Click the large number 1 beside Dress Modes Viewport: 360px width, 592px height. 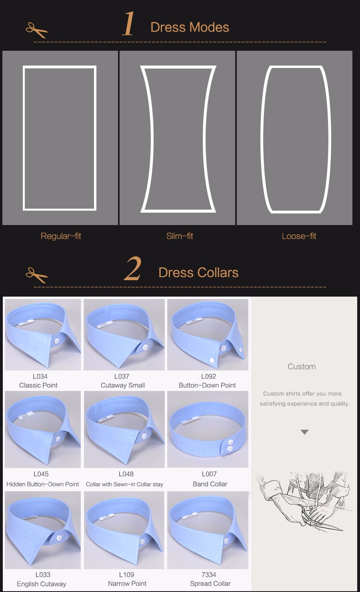tap(128, 24)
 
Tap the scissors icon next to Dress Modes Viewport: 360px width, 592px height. tap(36, 30)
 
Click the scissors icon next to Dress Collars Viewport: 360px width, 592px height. tap(36, 275)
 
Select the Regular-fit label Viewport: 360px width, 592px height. tap(61, 236)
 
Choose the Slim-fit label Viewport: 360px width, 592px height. tap(180, 236)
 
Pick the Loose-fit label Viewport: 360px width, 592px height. tap(299, 236)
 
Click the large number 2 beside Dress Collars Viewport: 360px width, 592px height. tap(132, 269)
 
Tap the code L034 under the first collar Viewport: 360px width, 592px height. tap(40, 376)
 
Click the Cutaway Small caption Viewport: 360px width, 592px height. tap(123, 385)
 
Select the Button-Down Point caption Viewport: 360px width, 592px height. tap(207, 385)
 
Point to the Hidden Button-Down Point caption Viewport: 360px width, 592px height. tap(42, 484)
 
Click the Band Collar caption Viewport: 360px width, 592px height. tap(210, 484)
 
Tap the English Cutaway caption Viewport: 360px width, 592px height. tap(42, 584)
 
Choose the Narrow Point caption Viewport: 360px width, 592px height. tap(127, 583)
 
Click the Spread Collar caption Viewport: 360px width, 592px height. tap(210, 583)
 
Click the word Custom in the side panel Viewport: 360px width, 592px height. tap(302, 367)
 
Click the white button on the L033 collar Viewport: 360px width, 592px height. tap(59, 537)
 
